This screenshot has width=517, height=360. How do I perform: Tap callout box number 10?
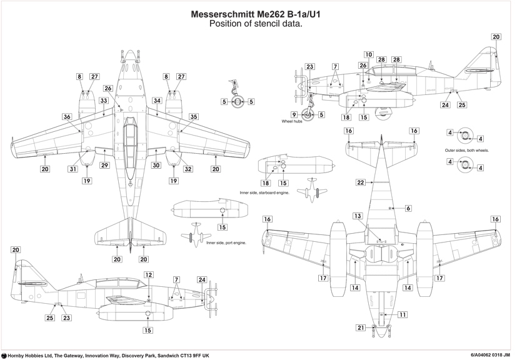pyautogui.click(x=369, y=54)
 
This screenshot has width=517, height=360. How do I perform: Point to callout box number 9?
pyautogui.click(x=293, y=114)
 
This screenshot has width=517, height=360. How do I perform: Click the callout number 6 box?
pyautogui.click(x=408, y=208)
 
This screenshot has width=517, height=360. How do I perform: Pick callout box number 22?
pyautogui.click(x=361, y=182)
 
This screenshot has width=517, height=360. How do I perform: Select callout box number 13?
pyautogui.click(x=358, y=216)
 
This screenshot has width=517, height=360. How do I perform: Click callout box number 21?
pyautogui.click(x=361, y=327)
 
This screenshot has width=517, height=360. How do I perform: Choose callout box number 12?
pyautogui.click(x=148, y=274)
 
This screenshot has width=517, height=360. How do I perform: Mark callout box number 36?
pyautogui.click(x=67, y=116)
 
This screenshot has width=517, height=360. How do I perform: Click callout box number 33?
pyautogui.click(x=104, y=100)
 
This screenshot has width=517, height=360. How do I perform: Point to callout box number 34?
pyautogui.click(x=157, y=100)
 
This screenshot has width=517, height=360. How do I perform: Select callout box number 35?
pyautogui.click(x=194, y=116)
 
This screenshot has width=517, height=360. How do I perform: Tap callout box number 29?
pyautogui.click(x=104, y=165)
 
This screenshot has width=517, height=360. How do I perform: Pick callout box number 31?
pyautogui.click(x=73, y=169)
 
